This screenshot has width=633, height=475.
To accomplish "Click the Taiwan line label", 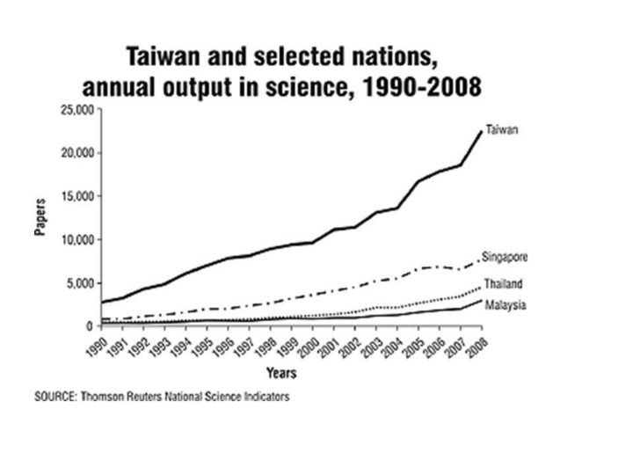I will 502,130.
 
